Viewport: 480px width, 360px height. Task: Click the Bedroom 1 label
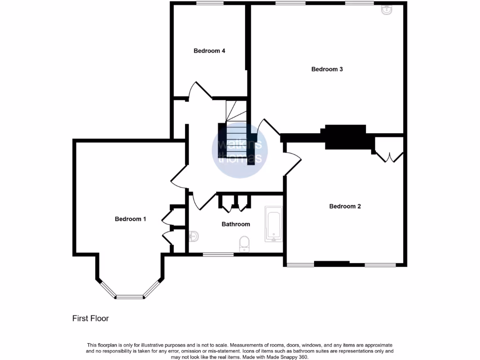[x=131, y=219]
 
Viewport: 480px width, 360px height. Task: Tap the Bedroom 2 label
[x=345, y=206]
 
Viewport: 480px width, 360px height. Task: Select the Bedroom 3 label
[x=327, y=69]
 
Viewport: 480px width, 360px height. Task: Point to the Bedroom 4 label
[x=210, y=51]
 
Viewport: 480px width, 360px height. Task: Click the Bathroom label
[x=236, y=224]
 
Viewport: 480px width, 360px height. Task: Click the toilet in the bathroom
[x=244, y=244]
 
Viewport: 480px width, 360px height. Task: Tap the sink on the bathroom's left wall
[x=194, y=236]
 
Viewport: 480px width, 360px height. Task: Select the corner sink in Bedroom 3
[x=387, y=9]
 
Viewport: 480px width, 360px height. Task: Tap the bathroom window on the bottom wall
[x=218, y=255]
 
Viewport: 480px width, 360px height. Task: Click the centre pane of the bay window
[x=129, y=297]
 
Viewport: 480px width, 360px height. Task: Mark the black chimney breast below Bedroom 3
[x=346, y=136]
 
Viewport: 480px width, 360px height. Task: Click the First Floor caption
[x=90, y=319]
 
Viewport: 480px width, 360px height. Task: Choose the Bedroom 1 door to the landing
[x=179, y=180]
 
